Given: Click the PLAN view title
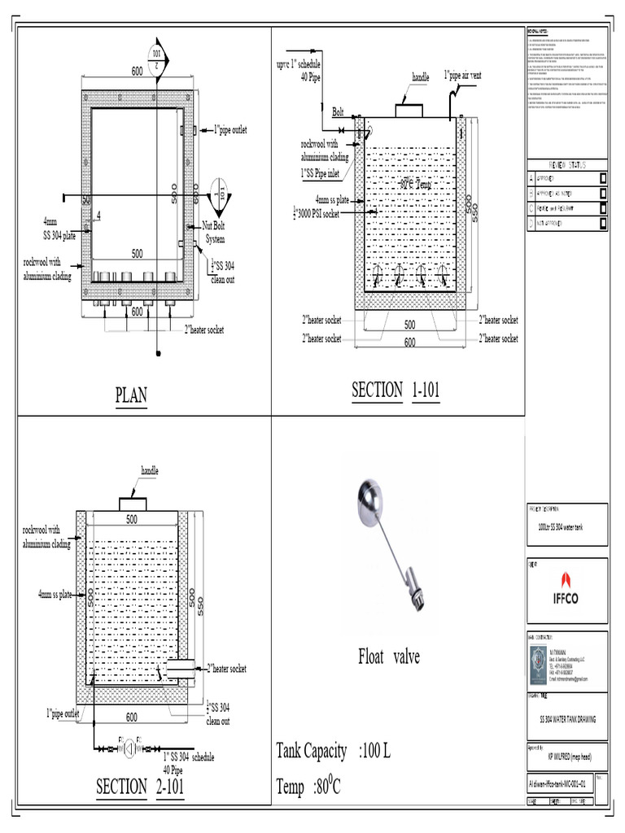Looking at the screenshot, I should tap(131, 395).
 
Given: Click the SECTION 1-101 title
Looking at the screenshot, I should tap(396, 390).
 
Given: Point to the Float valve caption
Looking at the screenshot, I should tap(389, 656).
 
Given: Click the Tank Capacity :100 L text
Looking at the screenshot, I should tap(334, 750).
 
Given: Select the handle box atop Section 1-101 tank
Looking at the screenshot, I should tap(409, 111).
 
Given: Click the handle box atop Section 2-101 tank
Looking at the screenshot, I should tap(133, 503).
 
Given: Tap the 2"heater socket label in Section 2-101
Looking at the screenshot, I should tap(227, 669).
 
